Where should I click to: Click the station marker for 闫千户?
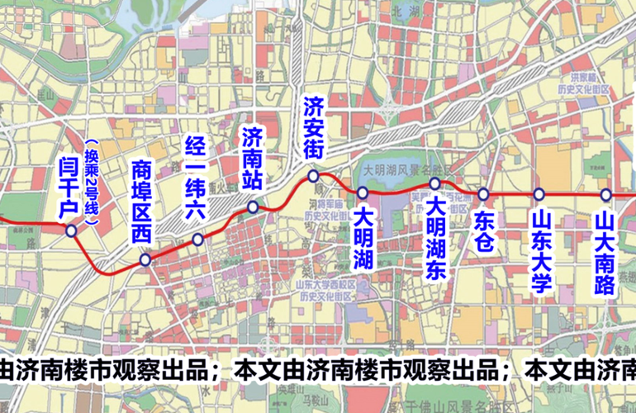tap(72, 231)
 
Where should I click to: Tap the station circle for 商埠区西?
tap(145, 260)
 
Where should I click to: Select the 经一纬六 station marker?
tap(198, 240)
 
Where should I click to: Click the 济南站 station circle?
tap(253, 206)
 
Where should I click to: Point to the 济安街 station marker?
tap(313, 176)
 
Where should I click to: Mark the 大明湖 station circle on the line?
tap(363, 192)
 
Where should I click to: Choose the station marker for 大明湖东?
tap(435, 183)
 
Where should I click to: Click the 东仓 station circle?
tap(484, 195)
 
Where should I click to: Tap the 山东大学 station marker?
tap(539, 195)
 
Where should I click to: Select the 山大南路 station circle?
tap(605, 195)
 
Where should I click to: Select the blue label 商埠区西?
tap(142, 201)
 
